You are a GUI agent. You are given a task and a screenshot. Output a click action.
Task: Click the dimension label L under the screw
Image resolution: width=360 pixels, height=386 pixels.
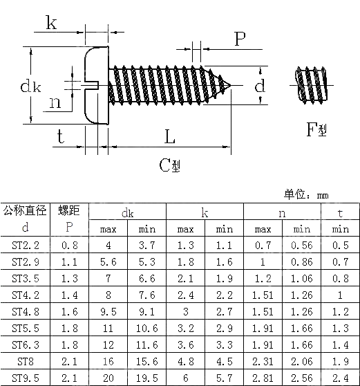point(169,136)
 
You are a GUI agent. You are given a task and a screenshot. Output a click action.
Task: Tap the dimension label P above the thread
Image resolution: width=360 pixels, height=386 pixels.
point(240,39)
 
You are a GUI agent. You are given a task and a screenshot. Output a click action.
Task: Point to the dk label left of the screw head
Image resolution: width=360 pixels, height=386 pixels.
point(30,86)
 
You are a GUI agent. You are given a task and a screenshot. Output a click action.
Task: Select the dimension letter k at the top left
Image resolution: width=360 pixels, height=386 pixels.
point(52,23)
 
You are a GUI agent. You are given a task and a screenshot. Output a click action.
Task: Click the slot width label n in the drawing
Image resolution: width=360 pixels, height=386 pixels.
point(55,104)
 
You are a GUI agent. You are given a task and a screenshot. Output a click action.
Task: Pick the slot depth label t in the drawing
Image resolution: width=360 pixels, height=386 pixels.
point(60,136)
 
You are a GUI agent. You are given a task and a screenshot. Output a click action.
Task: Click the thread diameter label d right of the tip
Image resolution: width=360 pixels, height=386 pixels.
point(260,86)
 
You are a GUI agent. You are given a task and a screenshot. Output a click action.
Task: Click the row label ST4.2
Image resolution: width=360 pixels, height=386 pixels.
point(26,295)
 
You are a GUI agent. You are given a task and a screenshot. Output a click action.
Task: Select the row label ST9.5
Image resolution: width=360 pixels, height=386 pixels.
point(26,377)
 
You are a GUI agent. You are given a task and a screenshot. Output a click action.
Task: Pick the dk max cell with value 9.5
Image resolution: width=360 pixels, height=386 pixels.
point(108,311)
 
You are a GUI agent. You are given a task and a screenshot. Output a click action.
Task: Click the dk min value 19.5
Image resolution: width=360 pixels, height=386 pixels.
point(147,377)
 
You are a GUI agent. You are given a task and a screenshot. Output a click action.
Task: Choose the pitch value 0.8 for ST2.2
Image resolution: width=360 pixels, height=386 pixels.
point(69,246)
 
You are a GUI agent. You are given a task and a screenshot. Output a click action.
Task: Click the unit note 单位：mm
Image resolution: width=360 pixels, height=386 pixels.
point(306,195)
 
